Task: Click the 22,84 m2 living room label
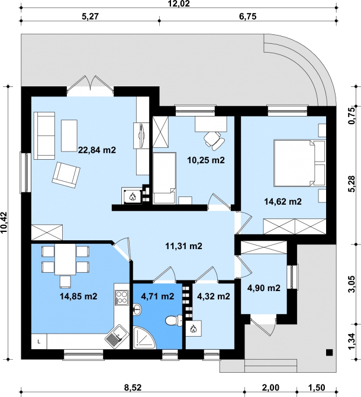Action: (97, 150)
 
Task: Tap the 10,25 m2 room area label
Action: (206, 160)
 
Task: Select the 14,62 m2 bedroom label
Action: (283, 202)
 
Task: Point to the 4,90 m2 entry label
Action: (264, 288)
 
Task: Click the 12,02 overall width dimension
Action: (179, 4)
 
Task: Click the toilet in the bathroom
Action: (174, 321)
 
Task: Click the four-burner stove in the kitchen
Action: (121, 297)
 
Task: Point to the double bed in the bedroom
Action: (299, 163)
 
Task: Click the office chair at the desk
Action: (214, 140)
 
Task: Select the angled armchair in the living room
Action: (66, 175)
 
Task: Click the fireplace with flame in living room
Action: (132, 195)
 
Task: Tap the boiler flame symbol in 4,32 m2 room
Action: (194, 328)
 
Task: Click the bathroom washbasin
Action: (137, 309)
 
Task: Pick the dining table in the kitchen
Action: (65, 259)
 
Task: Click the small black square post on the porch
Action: (329, 352)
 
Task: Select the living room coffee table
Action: (69, 135)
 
